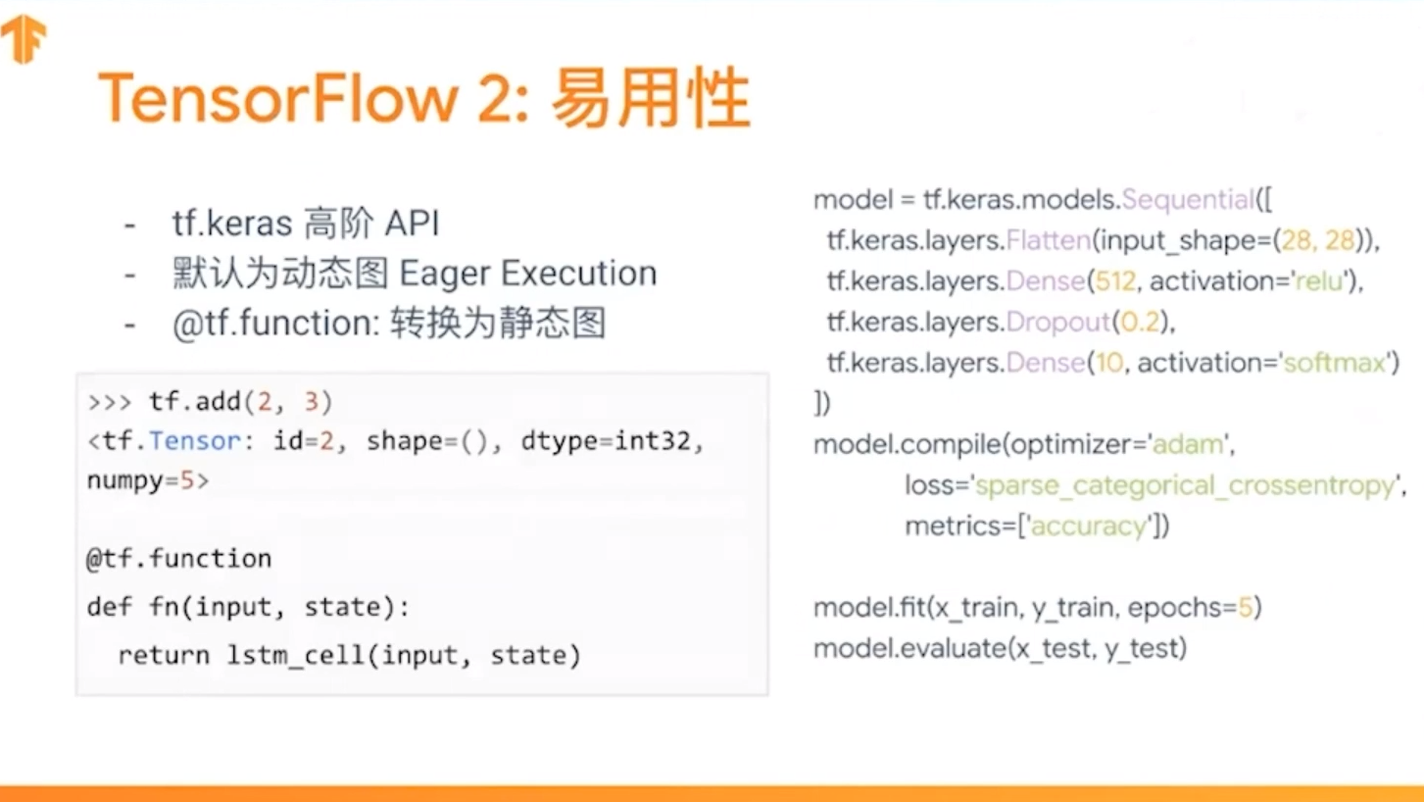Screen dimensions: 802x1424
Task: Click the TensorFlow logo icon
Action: pos(24,39)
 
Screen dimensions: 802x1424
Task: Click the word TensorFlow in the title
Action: pos(278,99)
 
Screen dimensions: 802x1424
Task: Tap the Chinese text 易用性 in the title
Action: pos(650,99)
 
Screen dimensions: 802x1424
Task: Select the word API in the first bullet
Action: pos(412,225)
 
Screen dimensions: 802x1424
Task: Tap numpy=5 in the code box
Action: pos(147,481)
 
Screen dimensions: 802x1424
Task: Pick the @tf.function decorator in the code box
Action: pos(178,559)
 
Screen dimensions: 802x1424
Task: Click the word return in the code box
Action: pos(164,655)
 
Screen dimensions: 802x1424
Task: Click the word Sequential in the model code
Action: pos(1187,200)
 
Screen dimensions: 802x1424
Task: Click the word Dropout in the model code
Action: pos(1057,322)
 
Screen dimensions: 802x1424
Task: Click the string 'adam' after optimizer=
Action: pos(1188,444)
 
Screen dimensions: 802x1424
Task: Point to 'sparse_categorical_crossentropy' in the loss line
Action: pos(1185,485)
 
